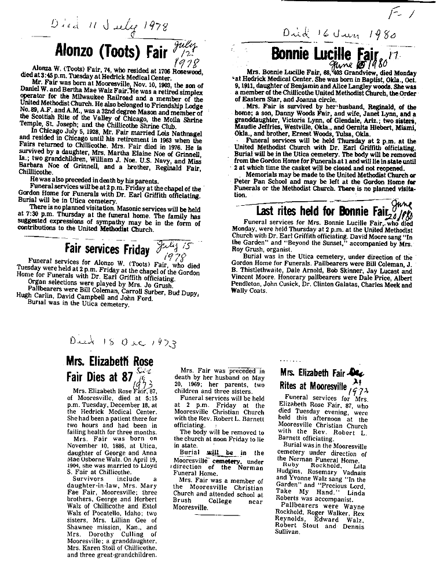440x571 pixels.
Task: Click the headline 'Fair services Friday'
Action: click(109, 249)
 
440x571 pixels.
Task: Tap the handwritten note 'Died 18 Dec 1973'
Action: click(115, 342)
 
